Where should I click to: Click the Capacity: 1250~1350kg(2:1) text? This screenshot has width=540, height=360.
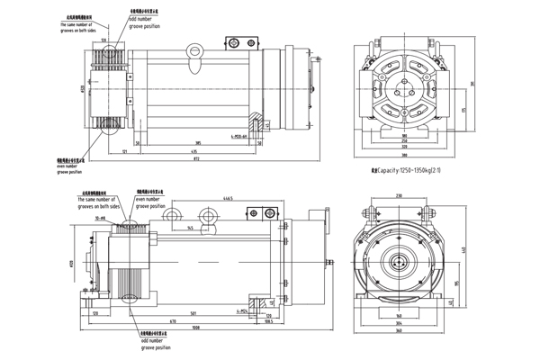(x=410, y=169)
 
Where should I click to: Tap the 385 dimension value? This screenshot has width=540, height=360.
(x=197, y=143)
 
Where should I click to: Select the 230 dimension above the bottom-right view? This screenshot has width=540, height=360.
(x=397, y=196)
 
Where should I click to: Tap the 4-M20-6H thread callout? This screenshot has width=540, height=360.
(x=239, y=136)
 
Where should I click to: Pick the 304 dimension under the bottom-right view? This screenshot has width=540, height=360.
(x=397, y=324)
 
